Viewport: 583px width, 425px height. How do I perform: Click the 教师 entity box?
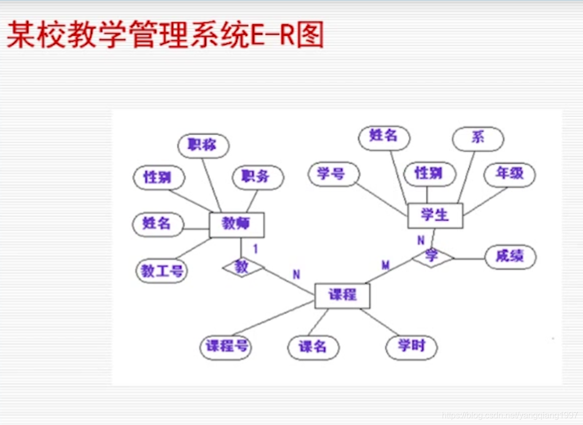(x=237, y=225)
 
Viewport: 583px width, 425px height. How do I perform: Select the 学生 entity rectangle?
(x=435, y=215)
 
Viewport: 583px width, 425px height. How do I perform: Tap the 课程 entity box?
(x=342, y=295)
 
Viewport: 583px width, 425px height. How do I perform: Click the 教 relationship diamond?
(x=242, y=267)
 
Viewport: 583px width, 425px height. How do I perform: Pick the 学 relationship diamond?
(x=432, y=257)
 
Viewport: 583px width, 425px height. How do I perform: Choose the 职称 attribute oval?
(x=203, y=145)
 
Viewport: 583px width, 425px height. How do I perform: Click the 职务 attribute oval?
(x=257, y=176)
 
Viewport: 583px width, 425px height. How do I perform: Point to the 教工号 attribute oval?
(x=162, y=271)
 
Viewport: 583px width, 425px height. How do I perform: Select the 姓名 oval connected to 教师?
(x=158, y=224)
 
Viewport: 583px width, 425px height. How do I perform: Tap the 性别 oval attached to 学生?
(x=430, y=174)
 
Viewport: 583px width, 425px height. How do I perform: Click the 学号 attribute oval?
(x=333, y=174)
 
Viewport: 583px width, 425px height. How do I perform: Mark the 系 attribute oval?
(x=477, y=137)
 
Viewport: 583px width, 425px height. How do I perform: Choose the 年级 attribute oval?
(x=509, y=174)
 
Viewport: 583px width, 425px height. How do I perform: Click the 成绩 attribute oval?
(x=509, y=257)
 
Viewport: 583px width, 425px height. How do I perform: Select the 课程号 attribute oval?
(x=226, y=347)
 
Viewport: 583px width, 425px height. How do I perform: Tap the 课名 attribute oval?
(x=313, y=348)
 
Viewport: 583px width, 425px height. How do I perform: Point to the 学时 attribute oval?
(x=411, y=347)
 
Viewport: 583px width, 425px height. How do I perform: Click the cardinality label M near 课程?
(x=386, y=265)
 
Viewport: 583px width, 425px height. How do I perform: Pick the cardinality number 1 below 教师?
(x=256, y=249)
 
